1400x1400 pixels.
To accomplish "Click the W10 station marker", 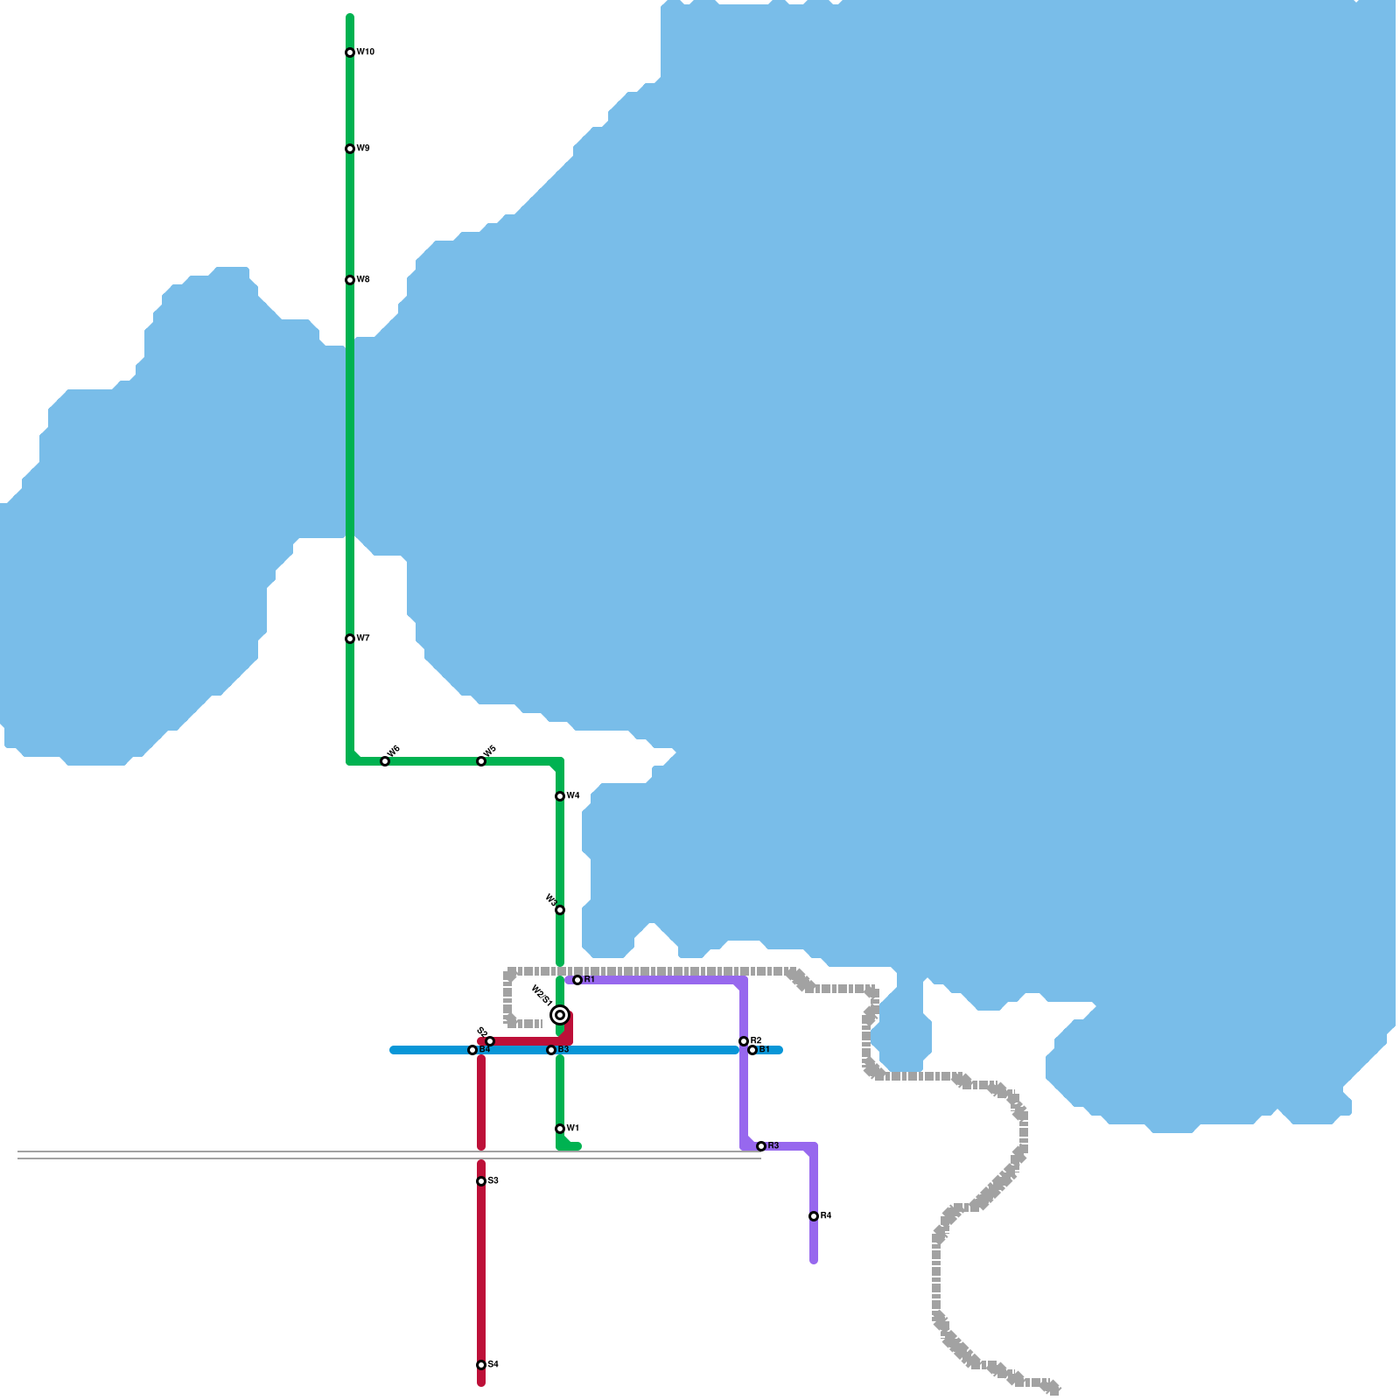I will click(x=350, y=52).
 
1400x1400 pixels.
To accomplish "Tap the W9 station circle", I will click(x=350, y=149).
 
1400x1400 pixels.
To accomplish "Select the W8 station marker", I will click(x=350, y=280).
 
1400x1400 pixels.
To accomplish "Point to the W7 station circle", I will click(x=350, y=639).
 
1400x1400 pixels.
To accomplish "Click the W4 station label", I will click(x=573, y=796).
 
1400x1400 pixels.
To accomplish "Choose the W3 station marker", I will click(x=560, y=910).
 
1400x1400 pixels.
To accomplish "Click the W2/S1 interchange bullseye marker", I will click(x=560, y=1015).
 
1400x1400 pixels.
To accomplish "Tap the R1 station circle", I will click(x=577, y=980).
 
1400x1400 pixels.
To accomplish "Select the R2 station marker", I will click(x=744, y=1041).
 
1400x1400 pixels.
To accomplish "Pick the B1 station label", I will click(x=764, y=1050).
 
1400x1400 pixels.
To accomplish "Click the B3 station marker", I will click(x=551, y=1050).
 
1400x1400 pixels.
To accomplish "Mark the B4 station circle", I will click(x=472, y=1050).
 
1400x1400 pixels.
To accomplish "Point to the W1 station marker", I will click(x=560, y=1129).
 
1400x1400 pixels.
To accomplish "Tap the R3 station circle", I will click(x=761, y=1146).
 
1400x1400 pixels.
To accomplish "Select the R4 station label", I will click(x=826, y=1216).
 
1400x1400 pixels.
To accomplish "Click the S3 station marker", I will click(x=481, y=1181).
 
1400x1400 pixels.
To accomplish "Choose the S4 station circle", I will click(x=481, y=1365).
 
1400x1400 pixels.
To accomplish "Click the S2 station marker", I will click(x=490, y=1041).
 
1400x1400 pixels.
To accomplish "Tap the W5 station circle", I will click(x=481, y=761).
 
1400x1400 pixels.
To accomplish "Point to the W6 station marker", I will click(x=385, y=761).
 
